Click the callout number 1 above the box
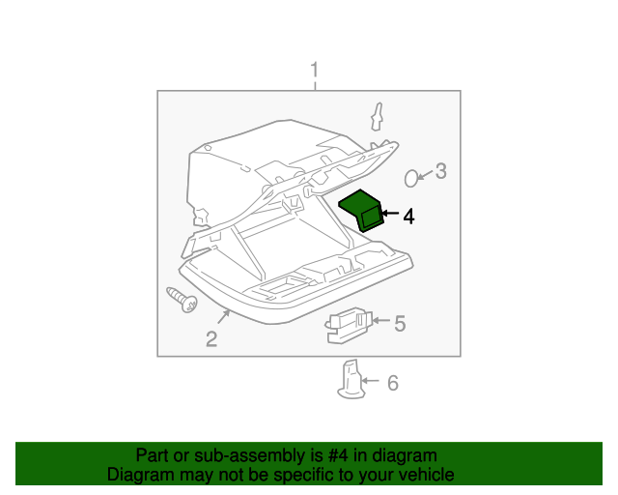pyautogui.click(x=314, y=70)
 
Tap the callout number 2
pyautogui.click(x=211, y=338)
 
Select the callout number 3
pyautogui.click(x=440, y=172)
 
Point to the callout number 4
pyautogui.click(x=408, y=217)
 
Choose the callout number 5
pyautogui.click(x=400, y=323)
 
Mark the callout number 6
pyautogui.click(x=392, y=384)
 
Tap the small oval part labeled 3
pyautogui.click(x=411, y=177)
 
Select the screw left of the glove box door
pyautogui.click(x=181, y=300)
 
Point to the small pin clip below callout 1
pyautogui.click(x=377, y=117)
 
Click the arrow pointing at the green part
pyautogui.click(x=388, y=214)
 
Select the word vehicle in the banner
pyautogui.click(x=426, y=475)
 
